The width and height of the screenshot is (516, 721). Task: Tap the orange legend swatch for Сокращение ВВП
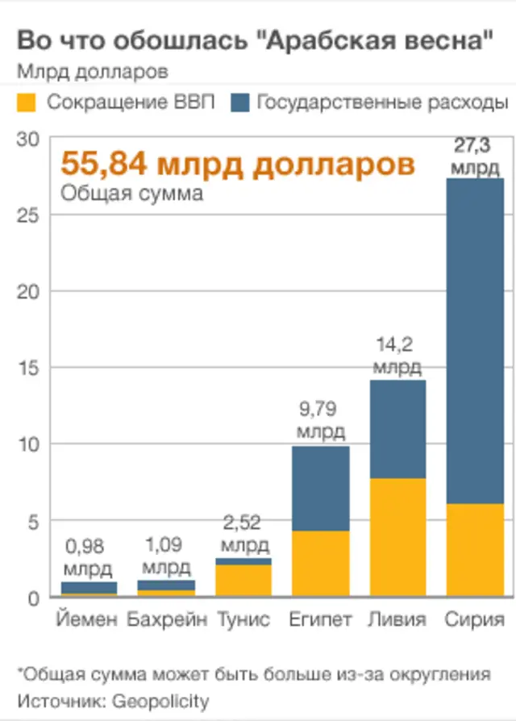click(27, 102)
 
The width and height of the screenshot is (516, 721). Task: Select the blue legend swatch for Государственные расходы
click(239, 102)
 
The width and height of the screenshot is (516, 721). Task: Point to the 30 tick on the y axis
click(27, 139)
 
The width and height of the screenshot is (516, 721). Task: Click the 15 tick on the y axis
click(27, 368)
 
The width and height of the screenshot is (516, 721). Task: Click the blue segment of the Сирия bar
click(475, 339)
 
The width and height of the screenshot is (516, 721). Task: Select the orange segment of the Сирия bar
click(475, 550)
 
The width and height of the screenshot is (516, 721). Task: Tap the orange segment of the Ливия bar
click(397, 537)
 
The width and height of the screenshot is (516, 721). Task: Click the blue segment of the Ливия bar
click(397, 429)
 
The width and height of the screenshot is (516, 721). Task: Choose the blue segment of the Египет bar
click(321, 488)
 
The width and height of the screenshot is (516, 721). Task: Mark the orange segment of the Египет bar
click(321, 563)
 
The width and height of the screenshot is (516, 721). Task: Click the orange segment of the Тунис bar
click(243, 580)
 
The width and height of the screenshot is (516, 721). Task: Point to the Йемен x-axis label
click(88, 620)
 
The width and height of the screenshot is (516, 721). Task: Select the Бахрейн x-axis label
click(166, 620)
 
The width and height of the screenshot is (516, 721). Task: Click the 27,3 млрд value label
click(474, 157)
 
